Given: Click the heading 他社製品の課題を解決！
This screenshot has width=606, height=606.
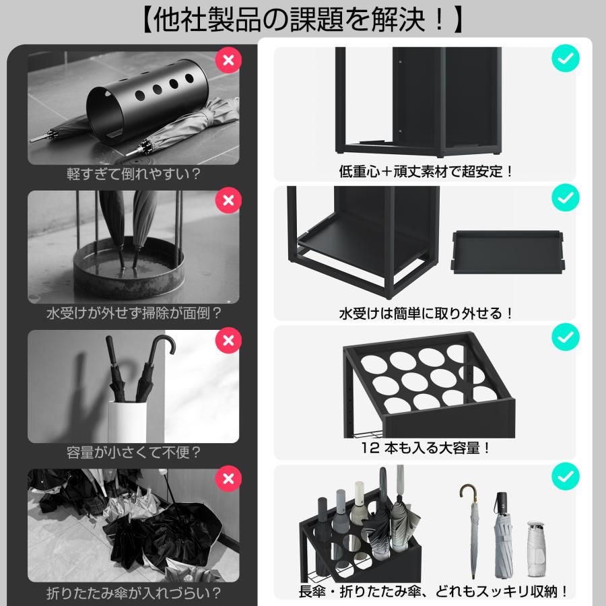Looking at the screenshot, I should coord(302,20).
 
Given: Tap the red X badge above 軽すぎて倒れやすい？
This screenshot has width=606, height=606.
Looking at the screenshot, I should coord(228,60).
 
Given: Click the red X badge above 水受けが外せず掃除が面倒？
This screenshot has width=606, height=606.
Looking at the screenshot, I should coord(228,200).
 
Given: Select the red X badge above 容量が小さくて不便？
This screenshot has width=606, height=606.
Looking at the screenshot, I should coord(228,339).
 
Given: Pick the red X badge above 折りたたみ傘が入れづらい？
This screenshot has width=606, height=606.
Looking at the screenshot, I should coord(228,479).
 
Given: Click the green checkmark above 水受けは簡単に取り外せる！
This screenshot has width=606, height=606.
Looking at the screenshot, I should coord(565,198).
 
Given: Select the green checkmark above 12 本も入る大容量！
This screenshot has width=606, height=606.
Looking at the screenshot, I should coord(565,337).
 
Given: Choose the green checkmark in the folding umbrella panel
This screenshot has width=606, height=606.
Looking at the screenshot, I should coord(565,476).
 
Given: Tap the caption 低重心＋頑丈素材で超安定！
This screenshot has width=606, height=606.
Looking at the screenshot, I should coord(426,172).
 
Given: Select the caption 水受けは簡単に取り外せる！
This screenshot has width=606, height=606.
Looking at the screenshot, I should coord(426,313).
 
